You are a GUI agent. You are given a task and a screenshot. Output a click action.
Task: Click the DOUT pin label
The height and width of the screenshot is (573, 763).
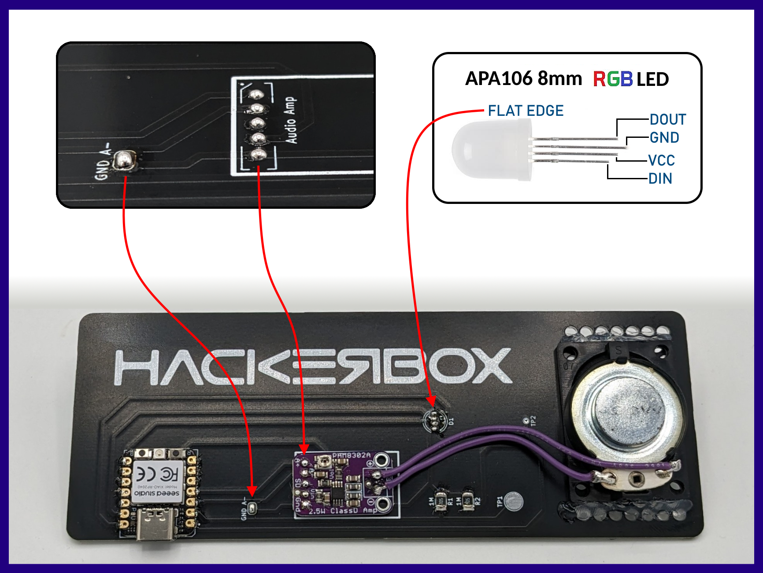[x=668, y=119]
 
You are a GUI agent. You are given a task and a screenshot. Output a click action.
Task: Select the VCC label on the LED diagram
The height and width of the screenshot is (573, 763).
[x=661, y=160]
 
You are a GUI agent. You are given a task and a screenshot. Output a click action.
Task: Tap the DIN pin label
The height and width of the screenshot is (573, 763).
[x=660, y=179]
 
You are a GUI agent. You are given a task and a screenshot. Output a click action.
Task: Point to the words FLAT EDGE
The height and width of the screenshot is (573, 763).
[x=526, y=111]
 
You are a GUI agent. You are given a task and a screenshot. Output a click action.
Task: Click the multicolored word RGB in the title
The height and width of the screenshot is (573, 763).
[x=613, y=79]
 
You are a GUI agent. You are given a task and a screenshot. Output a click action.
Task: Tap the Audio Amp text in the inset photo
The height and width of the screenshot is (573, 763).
[x=291, y=120]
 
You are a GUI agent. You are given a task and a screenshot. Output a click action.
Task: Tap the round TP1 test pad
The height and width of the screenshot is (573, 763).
[x=513, y=501]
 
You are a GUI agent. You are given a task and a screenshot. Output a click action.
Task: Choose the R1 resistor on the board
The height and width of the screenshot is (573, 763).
[x=440, y=501]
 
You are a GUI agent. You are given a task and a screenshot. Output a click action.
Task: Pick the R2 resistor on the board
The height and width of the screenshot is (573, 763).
[x=468, y=501]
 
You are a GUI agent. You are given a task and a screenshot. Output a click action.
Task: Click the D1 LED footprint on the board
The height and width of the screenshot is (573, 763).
[x=435, y=421]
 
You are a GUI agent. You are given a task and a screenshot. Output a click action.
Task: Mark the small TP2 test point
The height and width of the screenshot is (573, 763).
[x=526, y=421]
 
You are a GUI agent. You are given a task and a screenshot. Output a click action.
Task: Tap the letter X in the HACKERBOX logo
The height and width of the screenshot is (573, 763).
[x=489, y=366]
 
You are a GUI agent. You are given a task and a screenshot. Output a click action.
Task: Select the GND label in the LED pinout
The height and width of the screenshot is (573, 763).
[x=664, y=138]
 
